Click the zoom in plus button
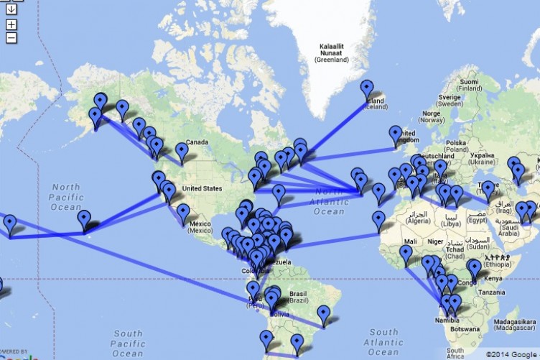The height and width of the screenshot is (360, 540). point(11,25)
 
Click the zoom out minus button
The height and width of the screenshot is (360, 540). point(11,37)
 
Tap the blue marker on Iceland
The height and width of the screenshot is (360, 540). point(367,89)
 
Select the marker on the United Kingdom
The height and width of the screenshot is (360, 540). point(396,134)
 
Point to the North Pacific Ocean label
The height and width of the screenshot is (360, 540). point(66,196)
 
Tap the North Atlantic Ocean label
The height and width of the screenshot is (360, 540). point(330,202)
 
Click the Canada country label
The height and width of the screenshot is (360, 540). point(197,142)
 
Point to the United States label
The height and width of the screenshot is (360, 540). point(202,189)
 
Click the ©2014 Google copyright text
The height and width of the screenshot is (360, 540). point(512,354)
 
